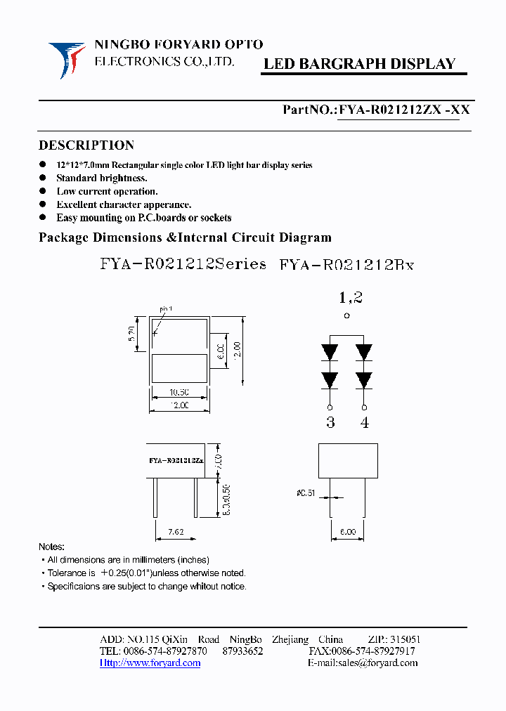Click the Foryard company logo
coord(67,58)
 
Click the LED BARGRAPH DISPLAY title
coord(359,64)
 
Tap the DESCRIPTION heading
coord(86,145)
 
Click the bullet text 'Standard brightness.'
coord(101,178)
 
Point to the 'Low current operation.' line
coord(107,191)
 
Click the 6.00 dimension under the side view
coord(348,533)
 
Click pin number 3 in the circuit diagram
coord(330,422)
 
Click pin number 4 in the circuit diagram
coord(364,422)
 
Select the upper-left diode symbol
coord(330,351)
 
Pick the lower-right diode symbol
coord(363,380)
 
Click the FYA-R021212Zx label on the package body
coord(176,461)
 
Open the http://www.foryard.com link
coord(150,663)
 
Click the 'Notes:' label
coord(51,547)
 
